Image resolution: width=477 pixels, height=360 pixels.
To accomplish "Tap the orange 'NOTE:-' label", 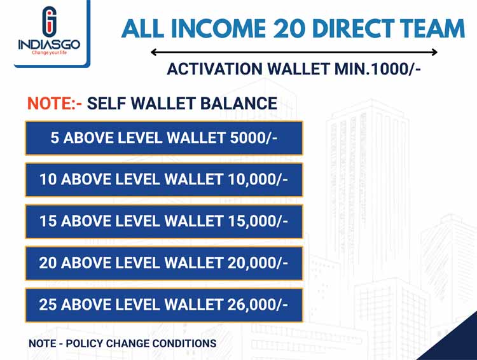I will pos(55,103).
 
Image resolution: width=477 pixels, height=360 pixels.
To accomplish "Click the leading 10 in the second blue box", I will pos(48,179).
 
